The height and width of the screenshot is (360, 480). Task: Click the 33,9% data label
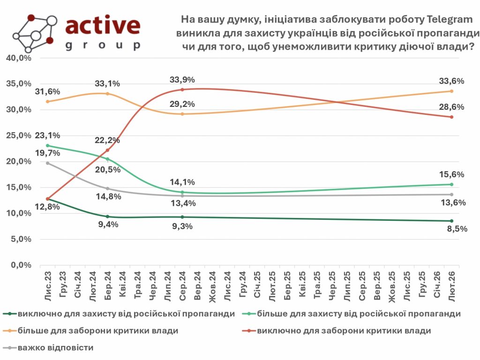tap(182, 80)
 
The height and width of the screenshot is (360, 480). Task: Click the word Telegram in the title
tap(448, 20)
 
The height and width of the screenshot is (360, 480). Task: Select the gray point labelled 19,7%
tap(47, 163)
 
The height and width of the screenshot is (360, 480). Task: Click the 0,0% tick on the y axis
tap(21, 265)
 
